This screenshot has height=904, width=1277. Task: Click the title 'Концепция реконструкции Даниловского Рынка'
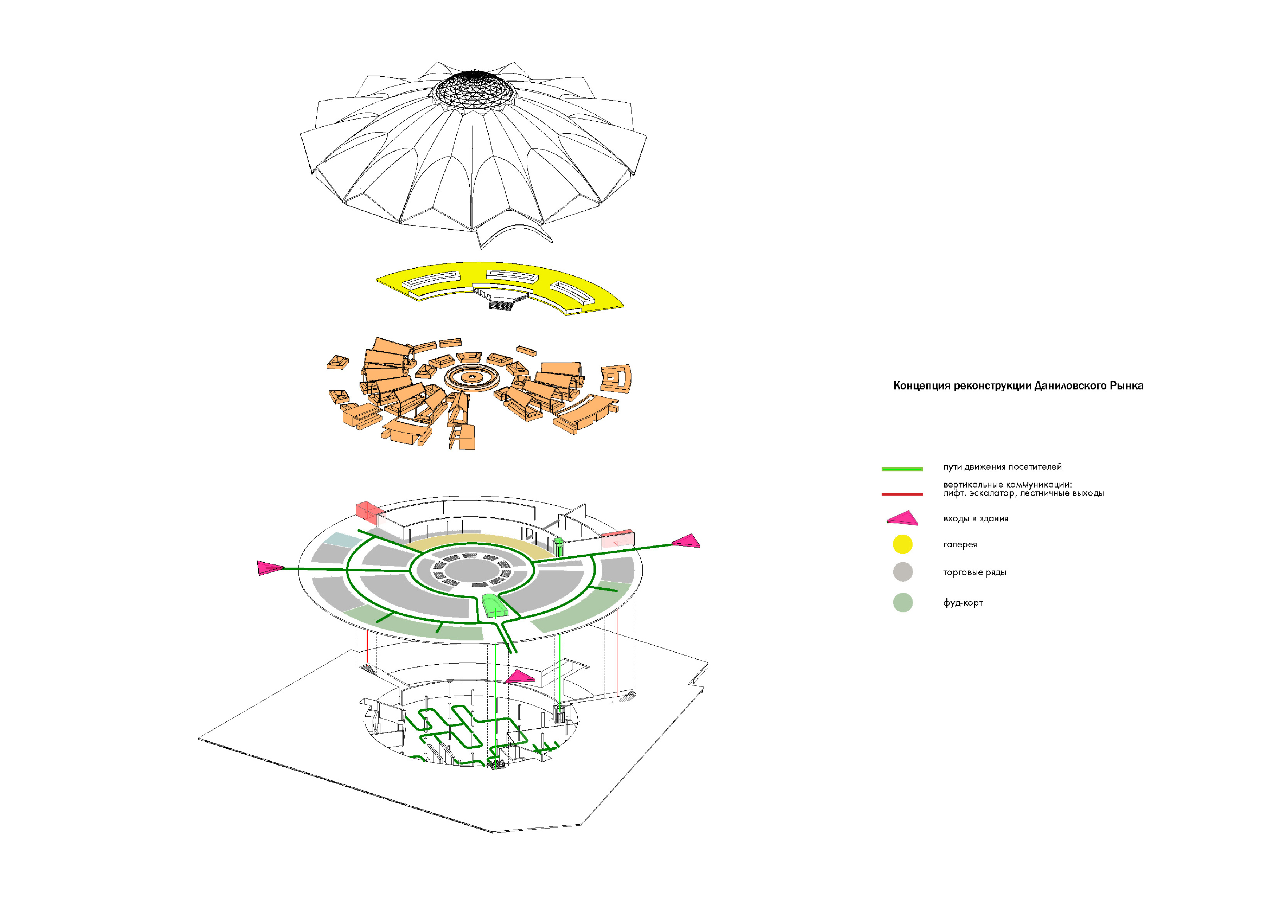(x=1018, y=386)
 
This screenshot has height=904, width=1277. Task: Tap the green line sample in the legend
(x=902, y=469)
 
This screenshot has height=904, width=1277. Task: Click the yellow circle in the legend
(x=902, y=544)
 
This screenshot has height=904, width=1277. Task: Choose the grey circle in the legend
(x=902, y=572)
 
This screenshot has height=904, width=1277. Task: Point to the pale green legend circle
(x=902, y=602)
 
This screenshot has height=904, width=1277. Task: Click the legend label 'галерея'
(x=960, y=544)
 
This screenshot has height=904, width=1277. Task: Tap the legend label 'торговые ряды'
(x=974, y=572)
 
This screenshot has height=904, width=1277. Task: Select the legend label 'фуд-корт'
(x=963, y=603)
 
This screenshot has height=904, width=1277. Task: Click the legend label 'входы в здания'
(x=976, y=519)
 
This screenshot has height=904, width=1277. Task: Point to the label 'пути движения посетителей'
(x=1002, y=467)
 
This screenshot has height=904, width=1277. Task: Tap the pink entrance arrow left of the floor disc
(x=269, y=568)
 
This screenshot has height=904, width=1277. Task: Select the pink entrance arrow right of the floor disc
(x=687, y=541)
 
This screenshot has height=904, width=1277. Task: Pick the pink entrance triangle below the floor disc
(x=521, y=677)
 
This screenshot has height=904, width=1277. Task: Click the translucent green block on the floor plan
(x=493, y=606)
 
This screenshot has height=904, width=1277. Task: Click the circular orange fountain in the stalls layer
(x=471, y=377)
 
